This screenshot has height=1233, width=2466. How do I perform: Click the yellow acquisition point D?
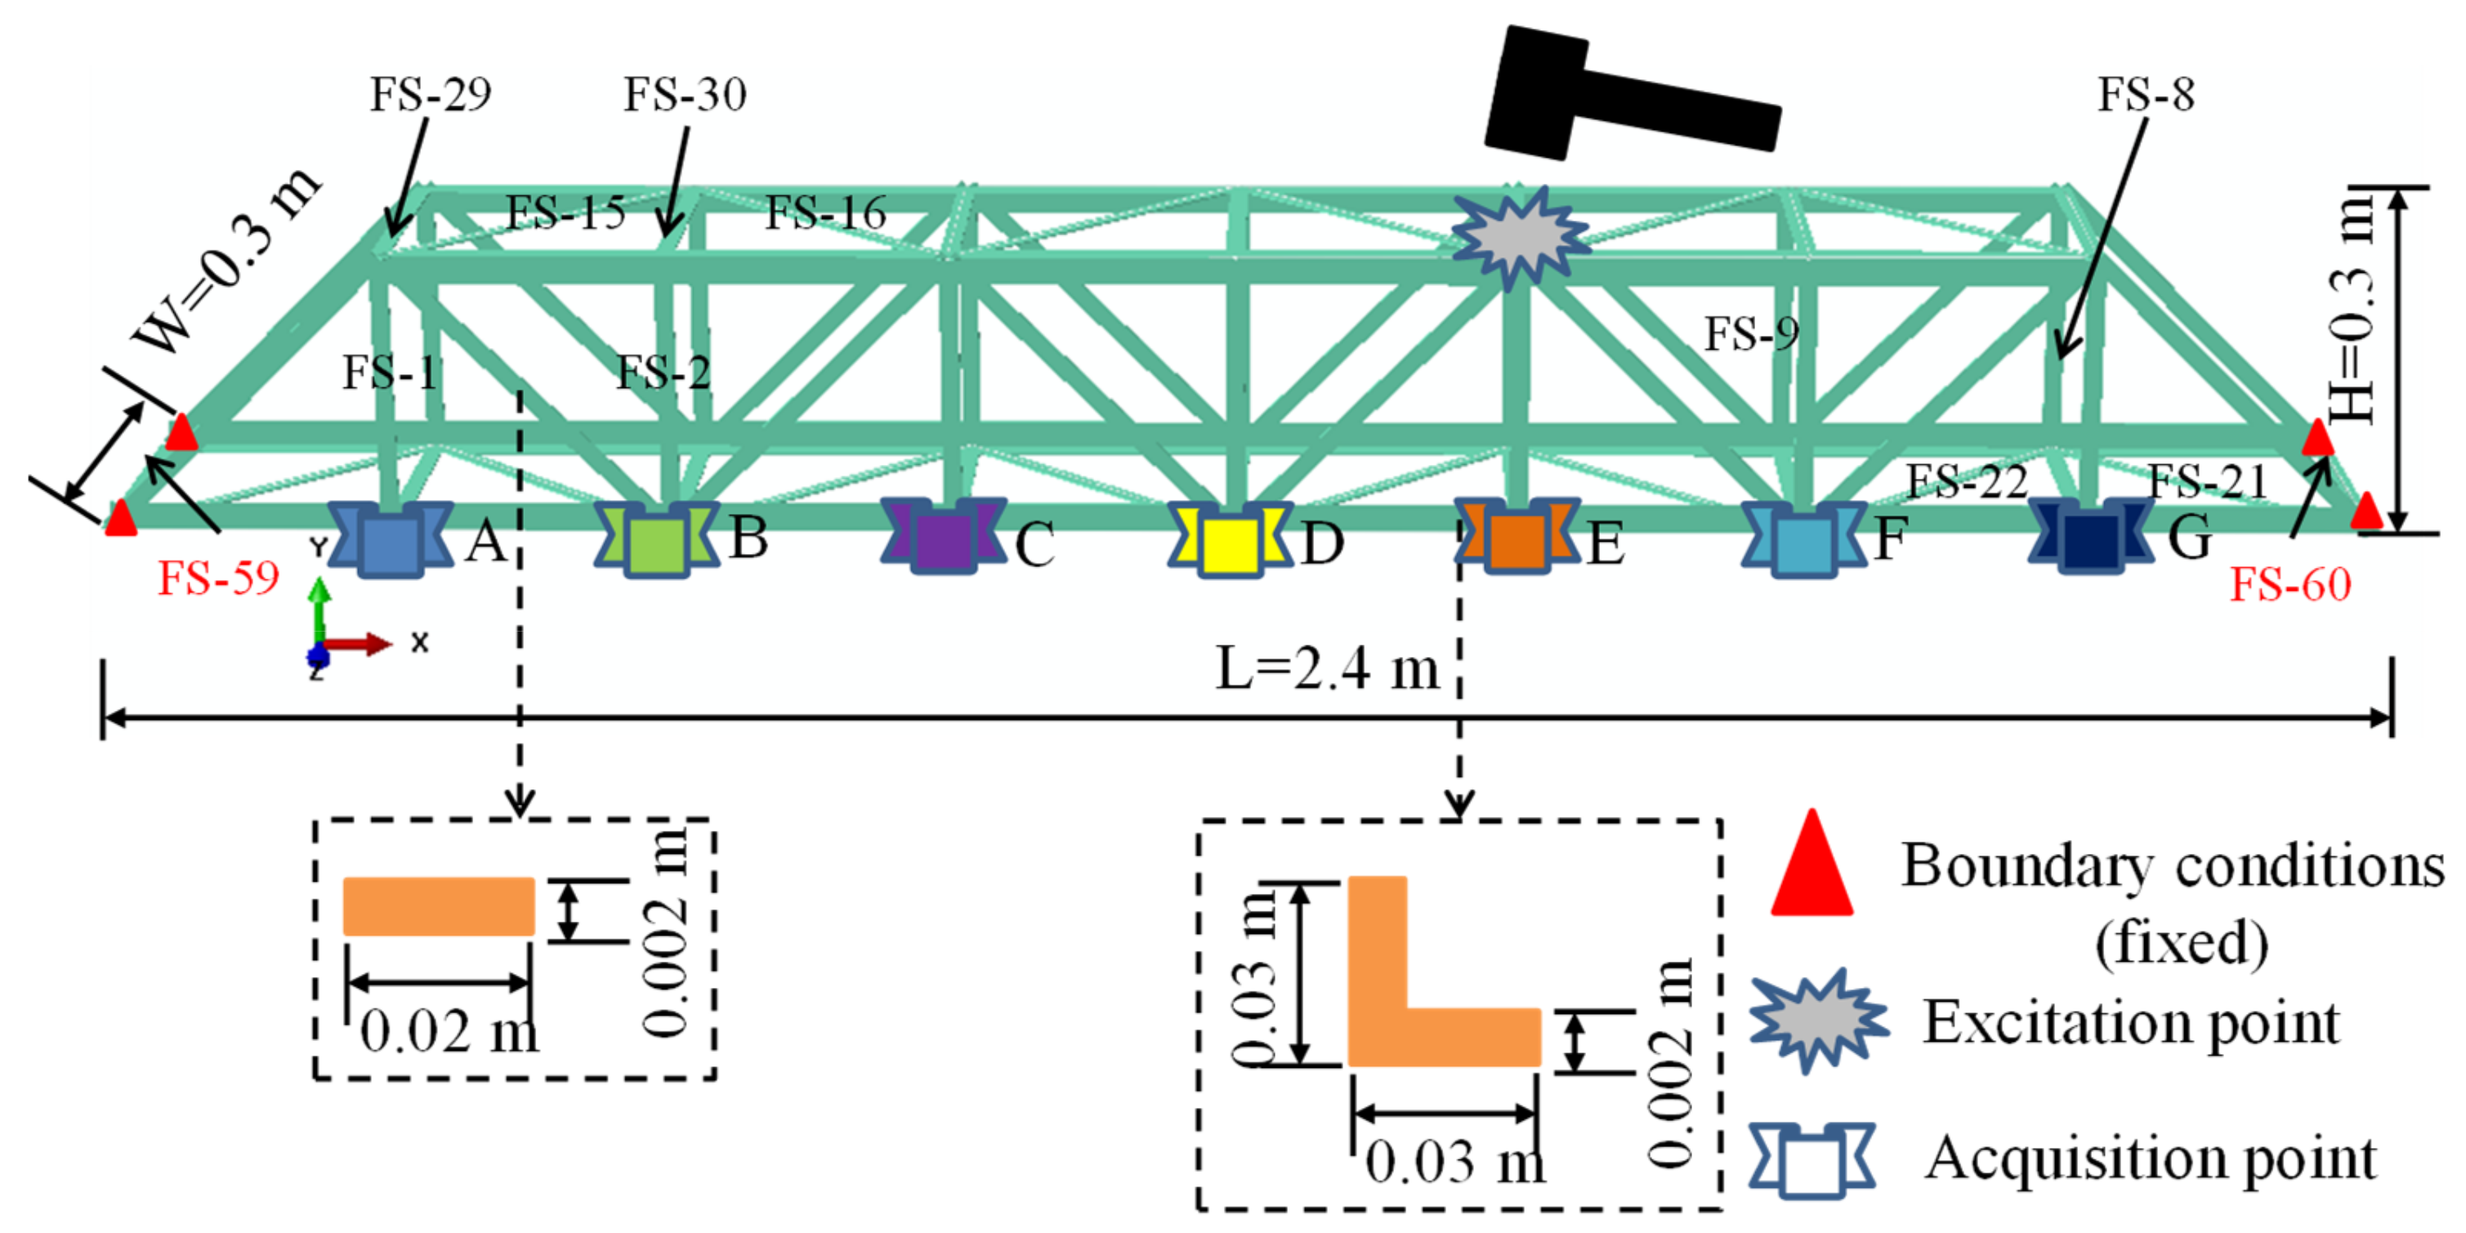point(1230,543)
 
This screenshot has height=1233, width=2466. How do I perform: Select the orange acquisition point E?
point(1517,540)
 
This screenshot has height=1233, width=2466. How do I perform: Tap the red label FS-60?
point(2290,584)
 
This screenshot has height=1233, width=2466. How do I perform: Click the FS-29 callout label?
point(431,95)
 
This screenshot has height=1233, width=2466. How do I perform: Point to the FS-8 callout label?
point(2147,95)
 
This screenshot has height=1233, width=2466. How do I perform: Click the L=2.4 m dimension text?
point(1327,668)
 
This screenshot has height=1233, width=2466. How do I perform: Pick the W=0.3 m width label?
point(225,261)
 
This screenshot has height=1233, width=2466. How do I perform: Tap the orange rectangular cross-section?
point(439,905)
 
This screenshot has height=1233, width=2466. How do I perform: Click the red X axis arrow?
point(359,644)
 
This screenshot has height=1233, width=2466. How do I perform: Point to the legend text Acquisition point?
point(2150,1159)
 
